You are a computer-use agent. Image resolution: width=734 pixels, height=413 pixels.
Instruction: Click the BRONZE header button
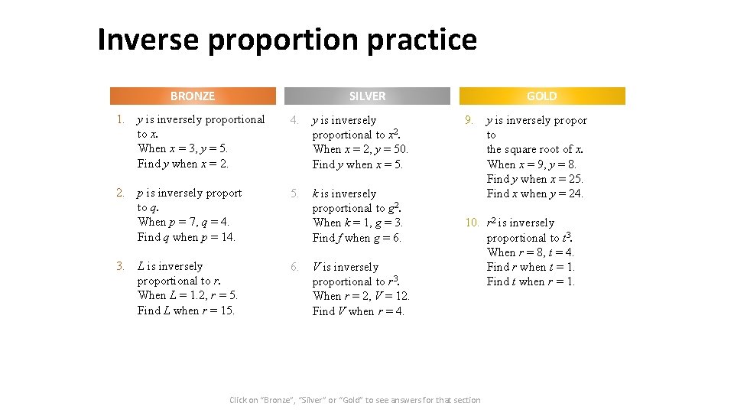[x=193, y=96]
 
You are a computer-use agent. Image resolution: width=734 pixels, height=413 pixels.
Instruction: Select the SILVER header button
[x=367, y=96]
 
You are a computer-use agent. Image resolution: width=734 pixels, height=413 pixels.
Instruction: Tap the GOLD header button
[x=541, y=96]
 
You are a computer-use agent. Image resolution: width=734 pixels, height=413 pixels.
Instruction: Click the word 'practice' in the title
[x=422, y=40]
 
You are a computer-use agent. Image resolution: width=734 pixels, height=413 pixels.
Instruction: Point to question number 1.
[x=121, y=119]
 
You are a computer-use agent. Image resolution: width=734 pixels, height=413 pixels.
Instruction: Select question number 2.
[x=121, y=193]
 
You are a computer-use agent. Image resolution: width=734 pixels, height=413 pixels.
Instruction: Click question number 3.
[x=121, y=266]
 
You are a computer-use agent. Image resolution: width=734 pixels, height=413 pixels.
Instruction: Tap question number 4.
[x=294, y=120]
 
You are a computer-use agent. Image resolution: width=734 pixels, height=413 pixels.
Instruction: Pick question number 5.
[x=294, y=193]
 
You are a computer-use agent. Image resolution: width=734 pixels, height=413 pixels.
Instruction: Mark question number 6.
[x=294, y=267]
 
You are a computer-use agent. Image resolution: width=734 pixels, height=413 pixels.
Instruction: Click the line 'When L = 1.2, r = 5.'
[x=187, y=295]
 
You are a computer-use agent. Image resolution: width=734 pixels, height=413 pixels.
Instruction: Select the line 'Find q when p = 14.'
[x=187, y=237]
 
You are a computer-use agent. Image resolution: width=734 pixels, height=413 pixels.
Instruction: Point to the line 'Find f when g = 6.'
[x=357, y=238]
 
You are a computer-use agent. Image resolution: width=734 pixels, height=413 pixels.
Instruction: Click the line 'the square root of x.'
[x=535, y=149]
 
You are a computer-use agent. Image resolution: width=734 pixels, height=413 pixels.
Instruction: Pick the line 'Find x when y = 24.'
[x=535, y=193]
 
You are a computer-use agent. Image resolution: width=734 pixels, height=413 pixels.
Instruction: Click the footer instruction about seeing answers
[x=356, y=400]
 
